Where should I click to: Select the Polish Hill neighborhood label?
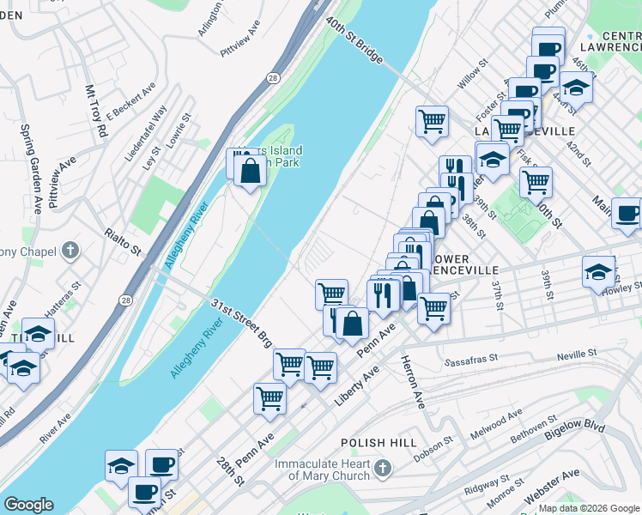click(379, 443)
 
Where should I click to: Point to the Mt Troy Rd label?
click(94, 112)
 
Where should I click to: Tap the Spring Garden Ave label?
click(31, 168)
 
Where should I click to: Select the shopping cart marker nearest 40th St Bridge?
click(432, 120)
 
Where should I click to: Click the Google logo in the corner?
click(28, 505)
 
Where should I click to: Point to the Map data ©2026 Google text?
click(588, 508)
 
